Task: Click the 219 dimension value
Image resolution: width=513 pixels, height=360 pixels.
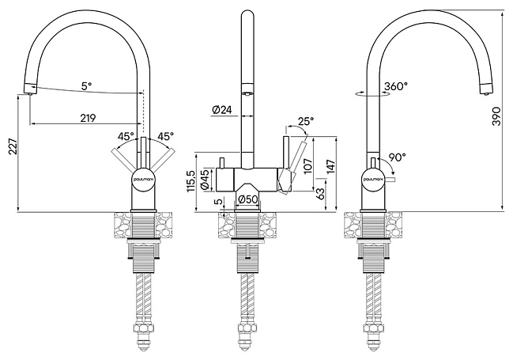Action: click(x=88, y=118)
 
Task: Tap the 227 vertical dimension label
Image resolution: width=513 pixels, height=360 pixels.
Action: click(x=13, y=146)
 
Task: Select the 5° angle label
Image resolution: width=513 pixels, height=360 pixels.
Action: click(x=86, y=86)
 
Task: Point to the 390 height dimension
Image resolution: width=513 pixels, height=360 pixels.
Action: click(x=496, y=116)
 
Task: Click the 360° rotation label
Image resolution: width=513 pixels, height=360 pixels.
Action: click(x=396, y=86)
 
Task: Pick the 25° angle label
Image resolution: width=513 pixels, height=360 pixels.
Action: click(x=306, y=121)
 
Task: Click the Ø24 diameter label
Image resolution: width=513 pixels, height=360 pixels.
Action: click(x=221, y=111)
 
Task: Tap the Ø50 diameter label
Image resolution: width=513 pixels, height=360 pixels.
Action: click(x=248, y=199)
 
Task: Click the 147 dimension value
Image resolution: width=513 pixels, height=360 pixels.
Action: click(x=330, y=168)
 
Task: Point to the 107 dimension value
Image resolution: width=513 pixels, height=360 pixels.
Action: click(x=308, y=166)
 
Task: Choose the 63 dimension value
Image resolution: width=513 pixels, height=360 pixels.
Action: click(x=321, y=193)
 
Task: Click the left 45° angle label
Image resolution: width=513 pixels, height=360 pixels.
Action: click(x=126, y=135)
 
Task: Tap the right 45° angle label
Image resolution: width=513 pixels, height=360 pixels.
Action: click(x=165, y=135)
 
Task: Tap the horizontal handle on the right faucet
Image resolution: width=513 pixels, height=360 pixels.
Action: click(x=390, y=179)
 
